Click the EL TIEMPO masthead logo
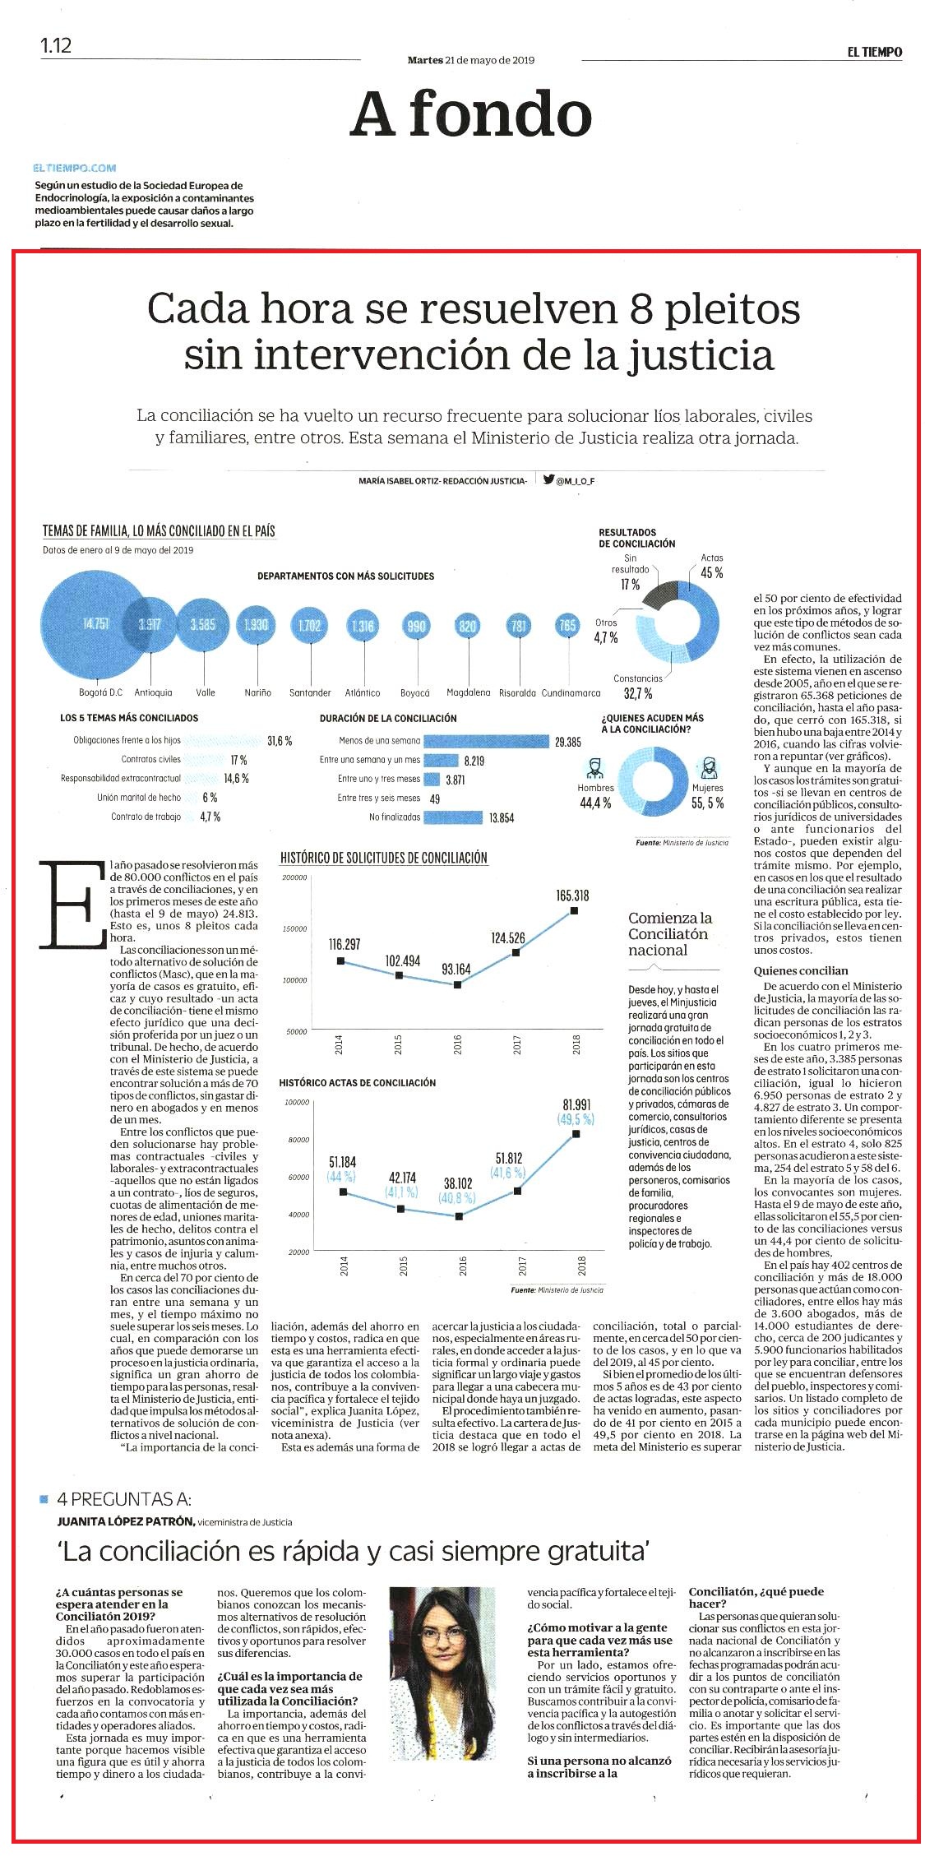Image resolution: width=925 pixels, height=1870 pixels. click(875, 52)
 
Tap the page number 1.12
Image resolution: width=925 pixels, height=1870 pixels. click(56, 45)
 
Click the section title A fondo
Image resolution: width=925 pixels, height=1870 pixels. click(470, 114)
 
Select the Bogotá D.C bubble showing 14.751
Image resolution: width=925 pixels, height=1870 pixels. click(95, 624)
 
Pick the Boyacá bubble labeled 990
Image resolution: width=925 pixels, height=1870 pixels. click(417, 626)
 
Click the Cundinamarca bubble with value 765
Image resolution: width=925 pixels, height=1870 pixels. click(567, 626)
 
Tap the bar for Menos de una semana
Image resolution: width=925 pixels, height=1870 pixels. click(486, 741)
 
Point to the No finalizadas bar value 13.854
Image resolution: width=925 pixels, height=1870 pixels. click(501, 817)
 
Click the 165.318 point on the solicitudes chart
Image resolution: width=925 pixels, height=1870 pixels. click(574, 910)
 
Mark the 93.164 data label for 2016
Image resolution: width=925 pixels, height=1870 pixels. click(456, 969)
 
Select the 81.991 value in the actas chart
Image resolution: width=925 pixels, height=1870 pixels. click(576, 1104)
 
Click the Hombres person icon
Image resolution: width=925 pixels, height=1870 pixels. click(595, 768)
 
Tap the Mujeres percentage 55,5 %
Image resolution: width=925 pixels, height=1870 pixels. click(708, 803)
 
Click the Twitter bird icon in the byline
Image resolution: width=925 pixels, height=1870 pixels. click(548, 478)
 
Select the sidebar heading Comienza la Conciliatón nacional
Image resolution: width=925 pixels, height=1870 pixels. click(670, 933)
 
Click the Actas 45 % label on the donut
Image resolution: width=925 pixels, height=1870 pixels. click(711, 567)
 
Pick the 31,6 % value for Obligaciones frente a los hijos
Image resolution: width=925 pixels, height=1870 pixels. click(280, 740)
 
